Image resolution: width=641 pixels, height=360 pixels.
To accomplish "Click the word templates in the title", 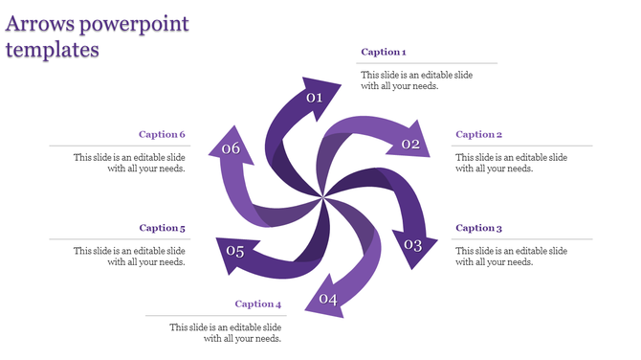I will point(53,50).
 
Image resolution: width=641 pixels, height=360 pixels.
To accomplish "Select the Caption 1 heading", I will point(383,52).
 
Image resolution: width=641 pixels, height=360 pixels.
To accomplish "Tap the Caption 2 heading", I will point(478,135).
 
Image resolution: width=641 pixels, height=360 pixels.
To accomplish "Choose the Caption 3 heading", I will point(478,228).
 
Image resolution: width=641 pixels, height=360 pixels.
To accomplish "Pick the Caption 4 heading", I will point(258,304).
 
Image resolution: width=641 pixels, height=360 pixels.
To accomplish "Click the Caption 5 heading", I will point(162,228).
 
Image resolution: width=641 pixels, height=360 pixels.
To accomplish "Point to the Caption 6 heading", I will point(162,135).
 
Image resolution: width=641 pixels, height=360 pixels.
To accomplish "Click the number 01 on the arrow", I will point(314,98).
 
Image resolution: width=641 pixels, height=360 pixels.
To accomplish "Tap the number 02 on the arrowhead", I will point(410,145).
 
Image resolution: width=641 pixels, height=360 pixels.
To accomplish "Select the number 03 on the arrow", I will point(412,245).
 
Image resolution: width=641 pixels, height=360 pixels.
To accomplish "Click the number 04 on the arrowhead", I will point(328,299).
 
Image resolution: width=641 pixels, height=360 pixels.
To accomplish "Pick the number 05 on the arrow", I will point(235,252).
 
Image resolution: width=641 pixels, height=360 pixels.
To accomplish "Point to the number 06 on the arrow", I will point(231,148).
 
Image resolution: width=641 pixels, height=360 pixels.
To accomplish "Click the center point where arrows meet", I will point(323,198).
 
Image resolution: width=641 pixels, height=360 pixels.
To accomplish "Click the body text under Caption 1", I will point(415,80).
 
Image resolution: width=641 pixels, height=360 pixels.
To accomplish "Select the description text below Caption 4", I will point(226,332).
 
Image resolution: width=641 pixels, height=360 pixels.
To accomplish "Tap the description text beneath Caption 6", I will point(129,163).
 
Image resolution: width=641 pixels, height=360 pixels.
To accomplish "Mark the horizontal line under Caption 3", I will point(521,238).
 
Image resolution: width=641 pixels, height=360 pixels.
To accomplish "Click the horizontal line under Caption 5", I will point(118,238).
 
